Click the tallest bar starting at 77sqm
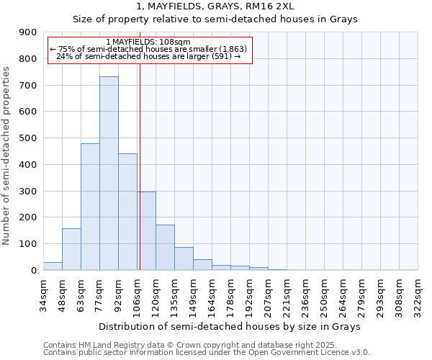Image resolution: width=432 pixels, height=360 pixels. click(x=109, y=173)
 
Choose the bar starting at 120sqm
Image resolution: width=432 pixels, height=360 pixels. click(x=165, y=248)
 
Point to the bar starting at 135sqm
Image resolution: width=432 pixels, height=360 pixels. click(x=184, y=258)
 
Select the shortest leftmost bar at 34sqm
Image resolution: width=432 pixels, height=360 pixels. click(x=53, y=266)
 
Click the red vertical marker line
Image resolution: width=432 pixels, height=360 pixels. click(x=140, y=158)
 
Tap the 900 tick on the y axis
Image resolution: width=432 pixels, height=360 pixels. click(x=28, y=32)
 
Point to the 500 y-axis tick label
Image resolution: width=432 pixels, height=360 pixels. click(x=28, y=138)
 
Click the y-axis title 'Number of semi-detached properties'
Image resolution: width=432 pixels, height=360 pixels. click(x=7, y=156)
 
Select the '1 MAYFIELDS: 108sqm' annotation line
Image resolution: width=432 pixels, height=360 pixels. click(x=148, y=42)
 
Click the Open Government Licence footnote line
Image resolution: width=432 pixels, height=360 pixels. click(x=206, y=353)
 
